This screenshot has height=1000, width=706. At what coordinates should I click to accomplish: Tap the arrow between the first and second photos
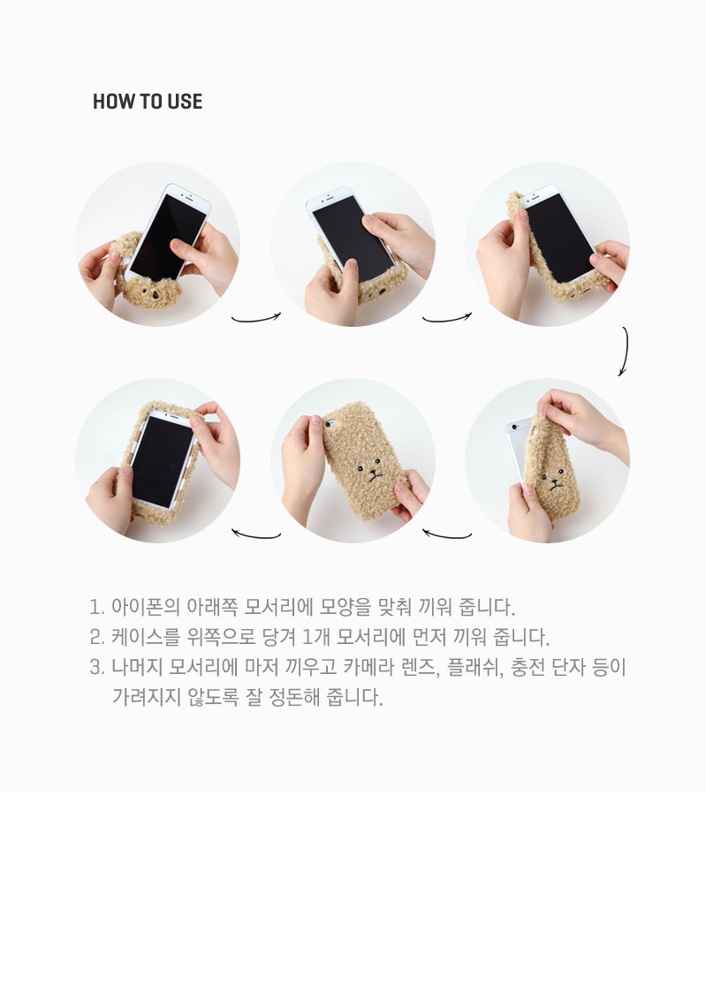[x=255, y=318]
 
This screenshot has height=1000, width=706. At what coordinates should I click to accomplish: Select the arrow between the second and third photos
[x=446, y=318]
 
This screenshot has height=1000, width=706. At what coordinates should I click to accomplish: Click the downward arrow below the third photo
[x=625, y=352]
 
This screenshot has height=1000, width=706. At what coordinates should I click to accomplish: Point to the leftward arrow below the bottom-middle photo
[x=255, y=534]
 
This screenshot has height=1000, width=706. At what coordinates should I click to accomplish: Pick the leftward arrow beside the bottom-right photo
[x=446, y=534]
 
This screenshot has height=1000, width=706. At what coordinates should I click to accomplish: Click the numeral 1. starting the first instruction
[x=96, y=607]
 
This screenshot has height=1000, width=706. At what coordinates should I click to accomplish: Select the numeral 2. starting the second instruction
[x=96, y=637]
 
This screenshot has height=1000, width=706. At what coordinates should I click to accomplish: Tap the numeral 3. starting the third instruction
[x=96, y=668]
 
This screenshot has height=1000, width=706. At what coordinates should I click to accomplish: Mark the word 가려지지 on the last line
[x=146, y=696]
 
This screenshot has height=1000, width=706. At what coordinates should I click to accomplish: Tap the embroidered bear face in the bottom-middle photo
[x=368, y=473]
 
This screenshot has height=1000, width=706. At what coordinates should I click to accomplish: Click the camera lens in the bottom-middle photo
[x=329, y=423]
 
